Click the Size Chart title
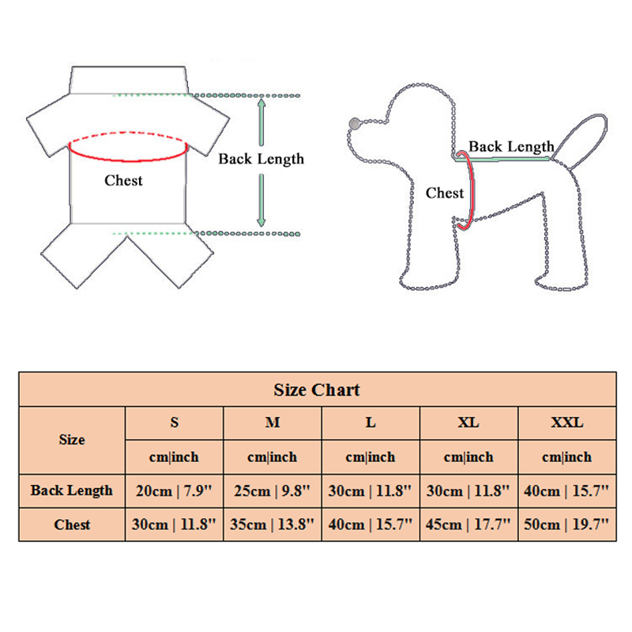[x=317, y=389]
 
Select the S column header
[x=174, y=423]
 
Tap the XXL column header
[x=567, y=423]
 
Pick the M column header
[x=273, y=423]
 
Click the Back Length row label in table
[x=72, y=491]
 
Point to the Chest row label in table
[x=72, y=525]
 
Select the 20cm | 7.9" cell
[x=174, y=491]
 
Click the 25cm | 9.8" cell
[x=273, y=491]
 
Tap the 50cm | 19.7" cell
[x=566, y=525]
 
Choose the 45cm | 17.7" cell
[x=468, y=525]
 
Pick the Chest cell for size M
[x=273, y=525]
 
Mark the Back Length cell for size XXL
[x=566, y=491]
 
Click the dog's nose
[x=354, y=124]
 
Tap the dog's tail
[x=581, y=140]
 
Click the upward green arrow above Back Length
[x=261, y=122]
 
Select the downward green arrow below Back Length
[x=261, y=201]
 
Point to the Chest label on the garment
[x=123, y=181]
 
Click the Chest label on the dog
[x=445, y=193]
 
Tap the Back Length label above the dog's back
[x=511, y=147]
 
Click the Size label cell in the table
[x=72, y=440]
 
